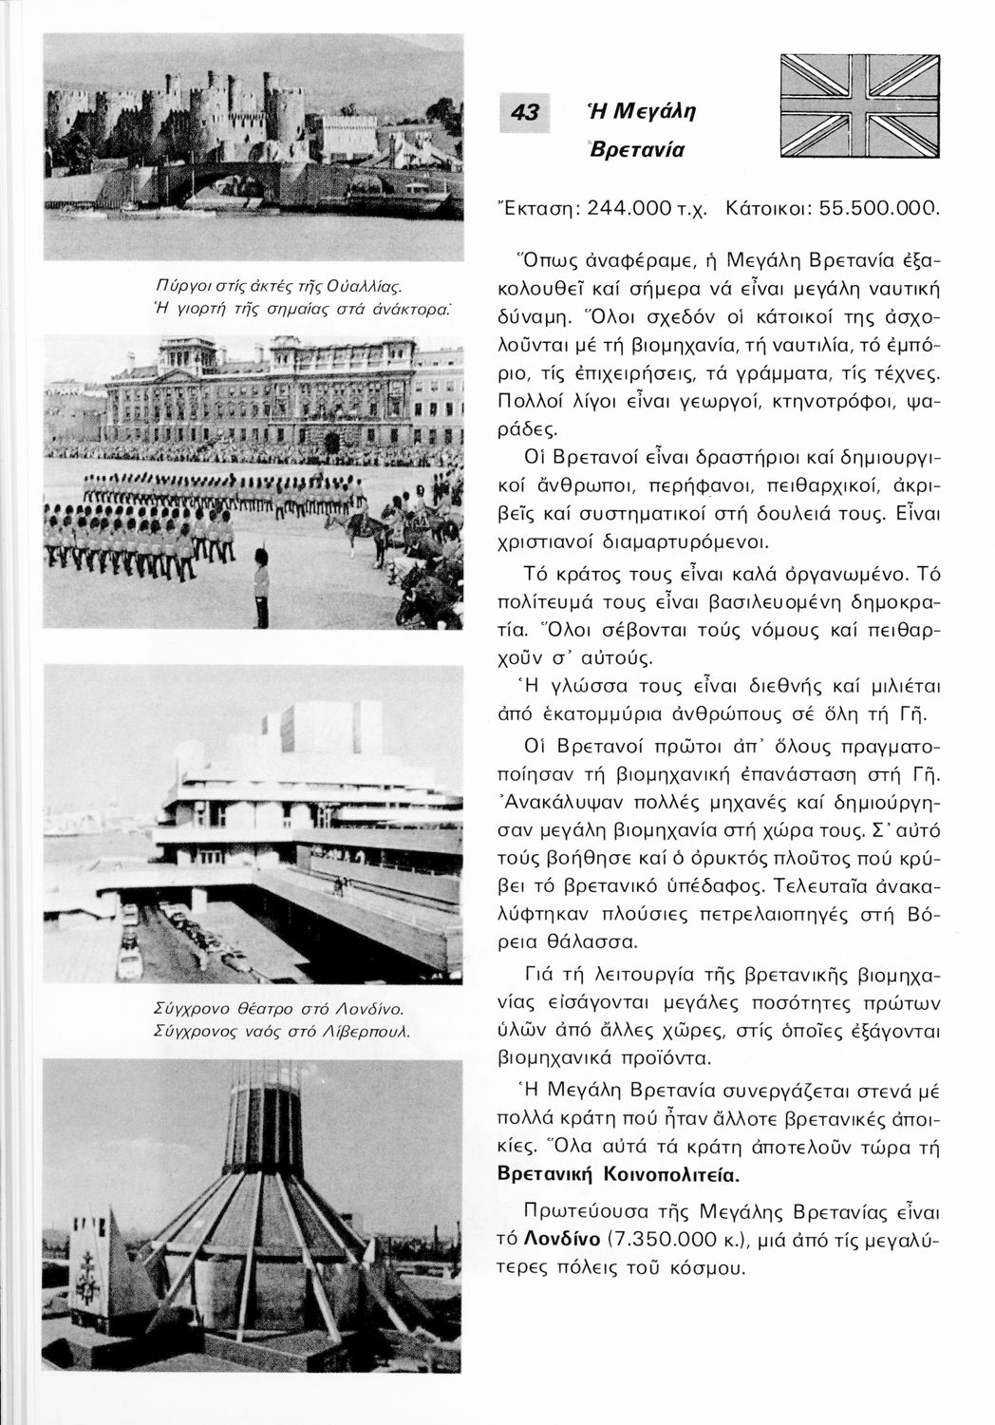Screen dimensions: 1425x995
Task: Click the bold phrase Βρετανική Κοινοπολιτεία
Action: point(618,1173)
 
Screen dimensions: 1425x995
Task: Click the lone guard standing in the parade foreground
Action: point(260,585)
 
